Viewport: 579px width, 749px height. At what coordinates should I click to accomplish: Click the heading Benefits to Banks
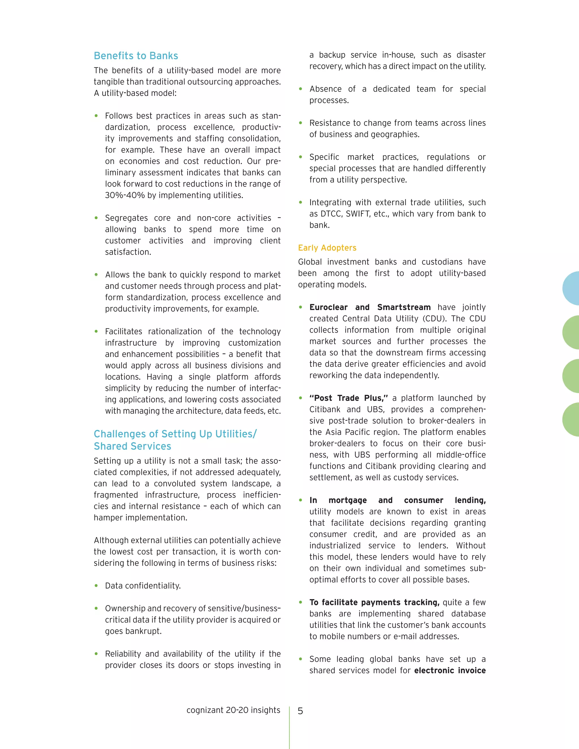[136, 56]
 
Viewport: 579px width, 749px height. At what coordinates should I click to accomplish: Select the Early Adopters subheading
[327, 248]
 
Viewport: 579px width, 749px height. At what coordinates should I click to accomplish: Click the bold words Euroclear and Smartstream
[370, 307]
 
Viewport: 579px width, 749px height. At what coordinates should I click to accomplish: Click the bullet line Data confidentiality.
[143, 586]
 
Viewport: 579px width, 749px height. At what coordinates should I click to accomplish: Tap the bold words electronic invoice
[450, 670]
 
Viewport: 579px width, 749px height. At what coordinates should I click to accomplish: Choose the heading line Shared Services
[132, 446]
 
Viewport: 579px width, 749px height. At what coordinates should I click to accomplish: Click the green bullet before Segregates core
[96, 218]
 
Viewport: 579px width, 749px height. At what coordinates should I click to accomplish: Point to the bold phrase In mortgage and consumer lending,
[397, 500]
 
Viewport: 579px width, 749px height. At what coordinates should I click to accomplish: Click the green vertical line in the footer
[289, 727]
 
